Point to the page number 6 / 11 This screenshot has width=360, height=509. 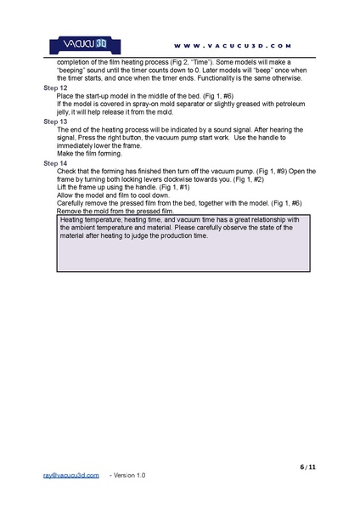pos(308,467)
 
